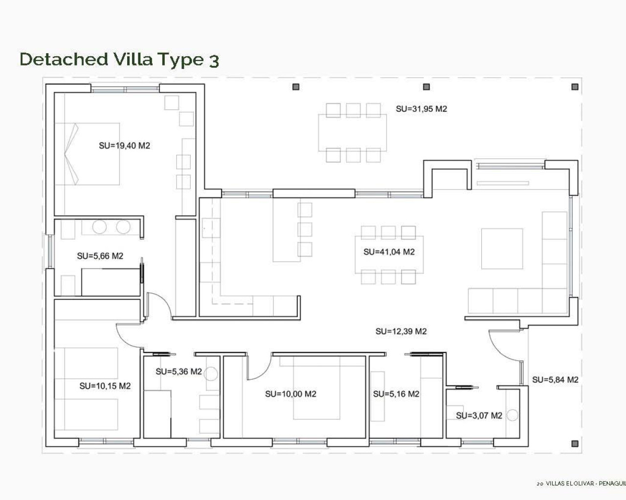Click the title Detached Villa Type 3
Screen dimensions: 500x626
pos(119,59)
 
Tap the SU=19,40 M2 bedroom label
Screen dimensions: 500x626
pos(124,146)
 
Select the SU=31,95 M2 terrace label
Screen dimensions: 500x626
pos(421,109)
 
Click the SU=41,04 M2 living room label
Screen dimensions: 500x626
pos(389,252)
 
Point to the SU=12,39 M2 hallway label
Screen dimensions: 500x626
pos(401,331)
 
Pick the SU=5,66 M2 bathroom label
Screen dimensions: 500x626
pos(100,256)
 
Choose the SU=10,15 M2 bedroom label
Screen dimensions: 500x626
pos(105,386)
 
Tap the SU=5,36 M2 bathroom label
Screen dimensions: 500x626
pos(179,372)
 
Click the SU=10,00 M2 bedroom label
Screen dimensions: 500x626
pos(291,394)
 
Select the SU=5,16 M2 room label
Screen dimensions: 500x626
pos(396,394)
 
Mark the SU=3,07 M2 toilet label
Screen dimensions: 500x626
pos(479,416)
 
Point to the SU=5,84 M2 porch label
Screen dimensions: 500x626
pos(555,379)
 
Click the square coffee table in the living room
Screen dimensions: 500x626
pos(502,249)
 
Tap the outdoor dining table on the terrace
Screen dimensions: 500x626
pos(352,133)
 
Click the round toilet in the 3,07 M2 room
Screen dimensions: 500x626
pos(512,416)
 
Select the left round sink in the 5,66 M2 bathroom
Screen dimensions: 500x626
pos(100,227)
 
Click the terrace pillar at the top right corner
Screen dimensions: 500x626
pos(575,87)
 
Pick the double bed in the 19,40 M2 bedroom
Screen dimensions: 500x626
pos(88,154)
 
